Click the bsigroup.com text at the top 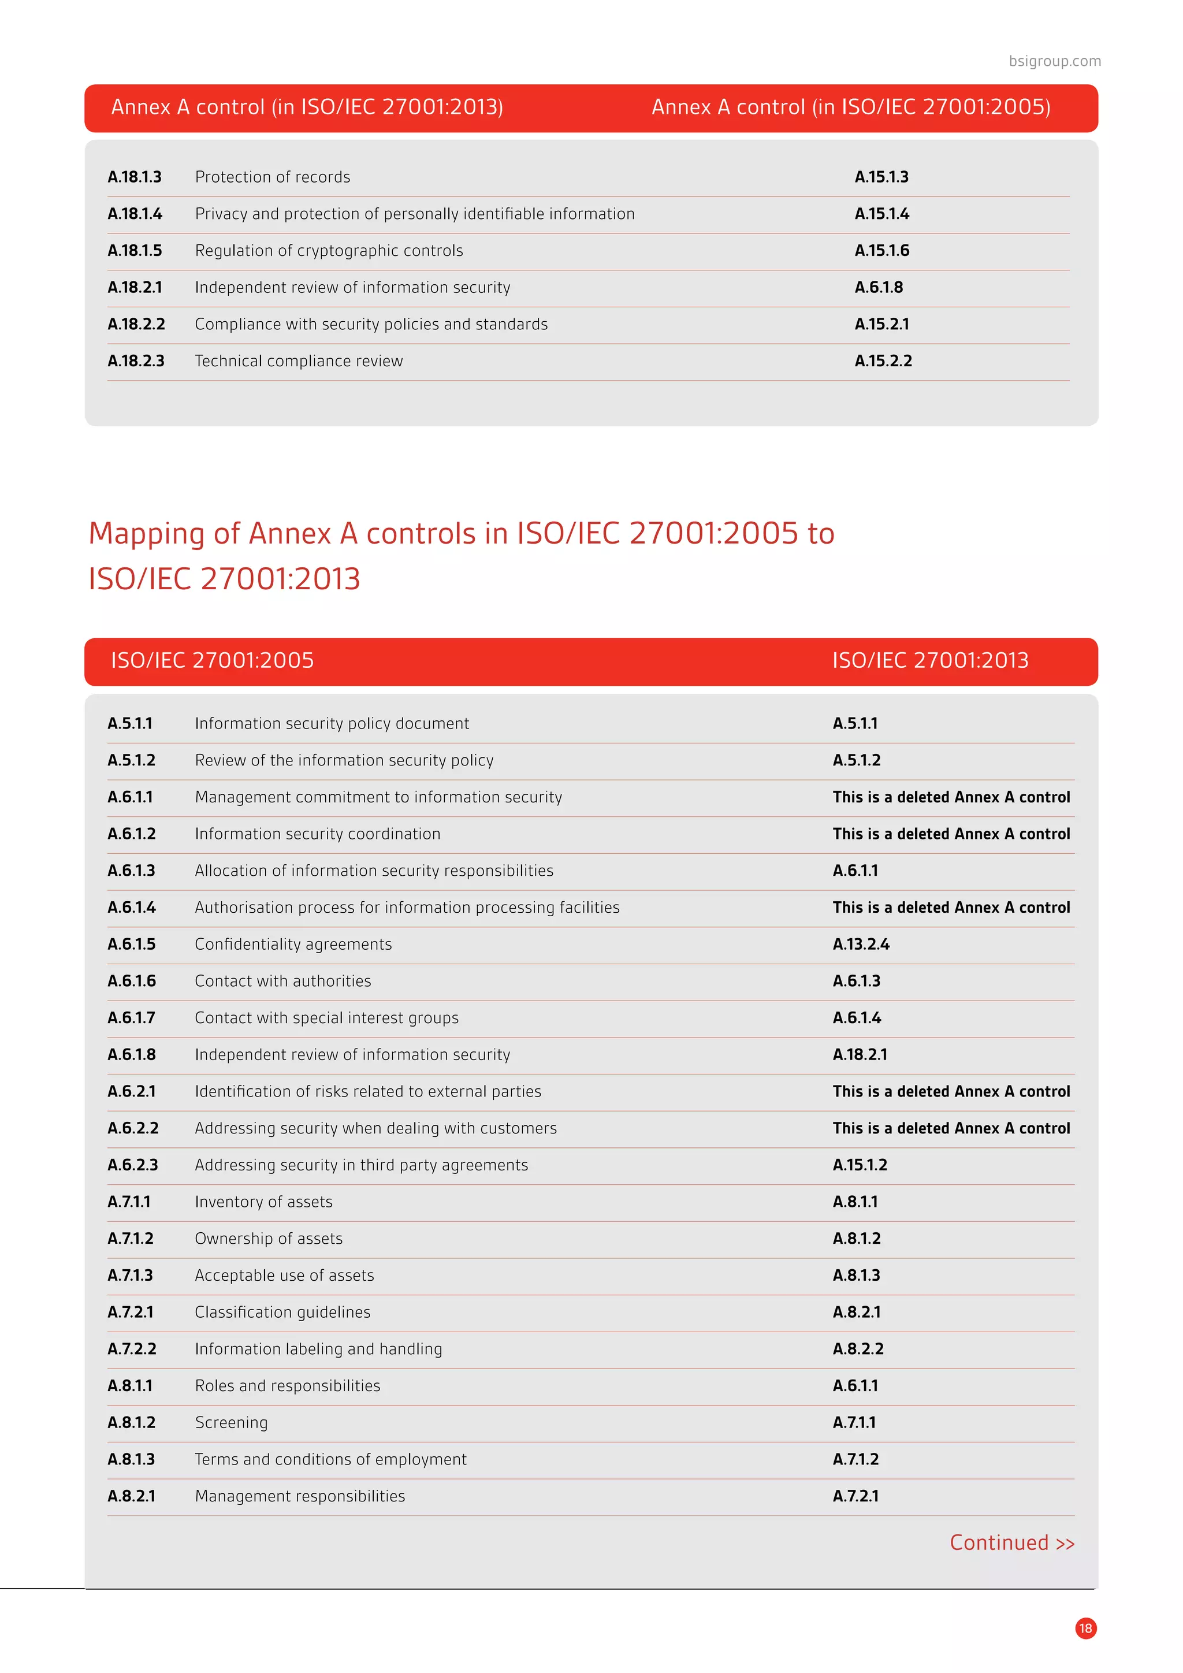pos(1054,61)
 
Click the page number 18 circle pos(1085,1628)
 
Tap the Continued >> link pos(1011,1542)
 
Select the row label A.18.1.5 pos(135,251)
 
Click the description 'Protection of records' pos(273,177)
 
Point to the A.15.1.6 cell pos(881,251)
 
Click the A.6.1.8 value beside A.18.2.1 pos(879,287)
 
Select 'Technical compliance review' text pos(299,360)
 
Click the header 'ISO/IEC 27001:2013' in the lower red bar pos(930,660)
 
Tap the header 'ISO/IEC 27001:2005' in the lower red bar pos(212,660)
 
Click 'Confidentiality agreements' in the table pos(293,945)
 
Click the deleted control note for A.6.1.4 pos(951,907)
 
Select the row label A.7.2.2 pos(132,1349)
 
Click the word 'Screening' pos(231,1422)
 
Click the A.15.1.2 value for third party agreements pos(860,1165)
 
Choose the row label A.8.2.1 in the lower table pos(131,1496)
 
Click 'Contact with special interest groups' pos(326,1018)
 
